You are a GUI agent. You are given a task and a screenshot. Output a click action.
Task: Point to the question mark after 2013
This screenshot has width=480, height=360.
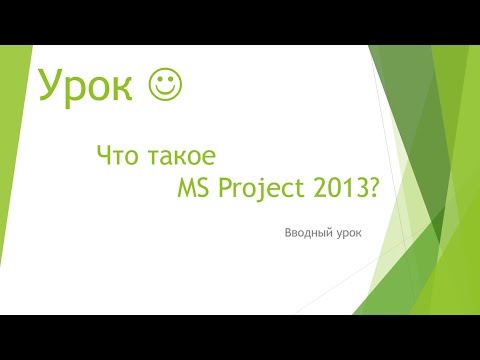(373, 187)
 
